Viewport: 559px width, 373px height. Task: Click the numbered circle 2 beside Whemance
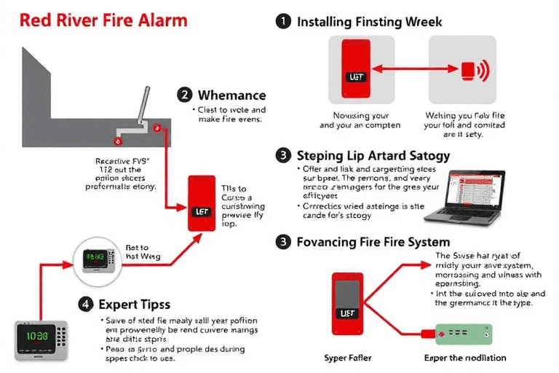click(x=185, y=95)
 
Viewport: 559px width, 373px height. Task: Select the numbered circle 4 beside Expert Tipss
click(x=85, y=304)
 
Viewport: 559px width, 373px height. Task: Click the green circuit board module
click(x=464, y=334)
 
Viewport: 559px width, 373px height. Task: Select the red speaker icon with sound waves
click(x=472, y=69)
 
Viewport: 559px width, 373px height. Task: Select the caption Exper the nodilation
click(x=465, y=358)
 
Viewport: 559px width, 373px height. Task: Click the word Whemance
click(x=232, y=95)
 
